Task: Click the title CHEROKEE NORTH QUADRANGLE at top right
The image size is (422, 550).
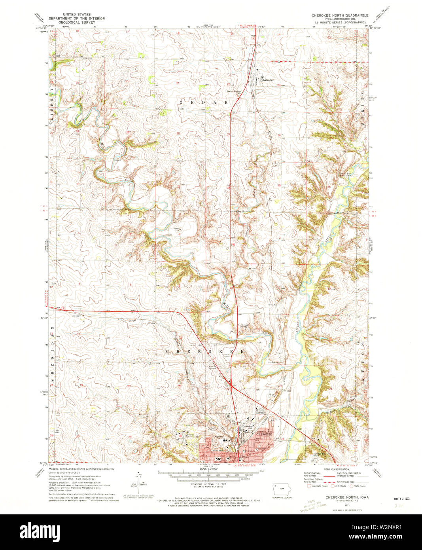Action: coord(340,15)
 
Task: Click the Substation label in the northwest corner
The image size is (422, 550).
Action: coord(87,59)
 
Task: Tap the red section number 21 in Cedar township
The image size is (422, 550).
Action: coord(178,83)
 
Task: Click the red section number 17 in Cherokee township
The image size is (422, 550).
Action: coord(128,337)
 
